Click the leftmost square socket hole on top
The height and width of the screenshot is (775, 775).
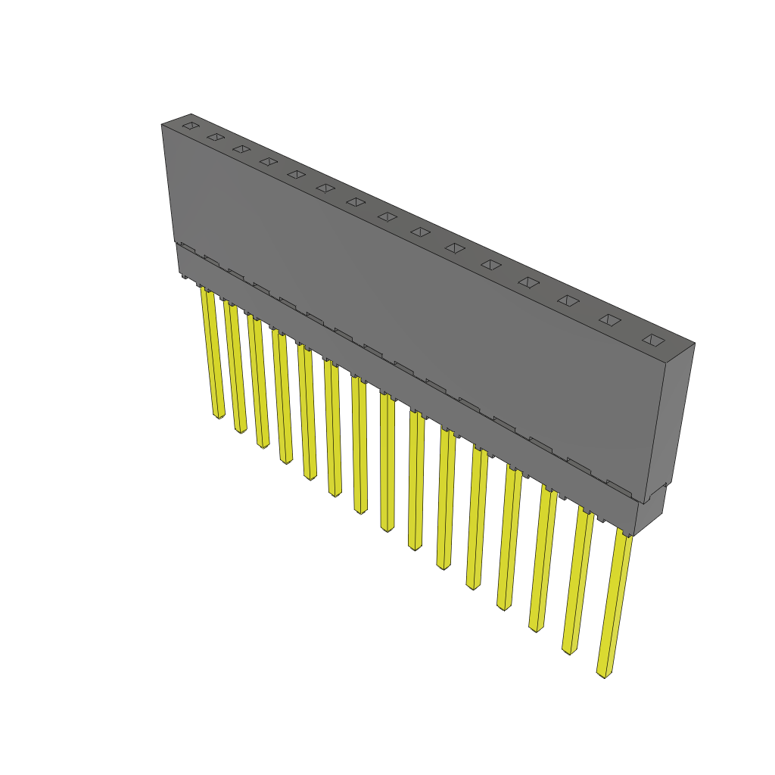click(191, 125)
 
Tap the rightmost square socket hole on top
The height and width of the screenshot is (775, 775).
click(653, 340)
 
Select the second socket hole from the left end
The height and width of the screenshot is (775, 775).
click(216, 137)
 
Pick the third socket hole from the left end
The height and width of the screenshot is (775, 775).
click(241, 148)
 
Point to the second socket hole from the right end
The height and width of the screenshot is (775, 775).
click(610, 320)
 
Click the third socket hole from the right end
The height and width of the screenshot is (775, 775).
click(568, 300)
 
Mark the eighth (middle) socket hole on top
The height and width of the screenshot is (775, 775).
click(387, 216)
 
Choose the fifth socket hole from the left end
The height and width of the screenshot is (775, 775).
click(296, 174)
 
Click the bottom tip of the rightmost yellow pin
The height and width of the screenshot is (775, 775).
click(604, 673)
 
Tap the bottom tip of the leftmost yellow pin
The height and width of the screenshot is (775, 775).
click(219, 415)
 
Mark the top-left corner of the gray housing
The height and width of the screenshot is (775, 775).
click(162, 125)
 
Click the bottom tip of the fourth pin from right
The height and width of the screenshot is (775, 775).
click(504, 605)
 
